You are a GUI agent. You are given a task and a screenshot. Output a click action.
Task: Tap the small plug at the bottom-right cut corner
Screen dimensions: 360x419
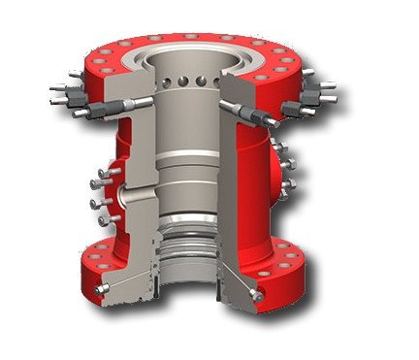(x=254, y=291)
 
